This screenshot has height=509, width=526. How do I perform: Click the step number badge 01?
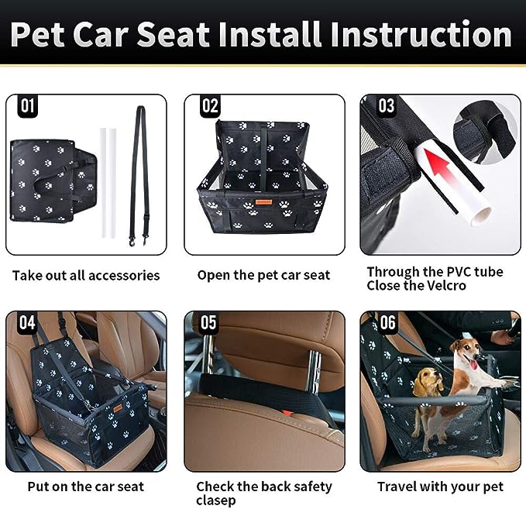[x=27, y=106]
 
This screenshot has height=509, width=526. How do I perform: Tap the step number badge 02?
[x=209, y=106]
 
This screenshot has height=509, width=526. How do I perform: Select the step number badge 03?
[x=385, y=106]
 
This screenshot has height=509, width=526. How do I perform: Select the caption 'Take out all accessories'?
[x=86, y=276]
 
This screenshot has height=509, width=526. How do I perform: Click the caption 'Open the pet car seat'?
[x=263, y=276]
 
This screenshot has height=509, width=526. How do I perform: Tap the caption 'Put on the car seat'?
[x=85, y=487]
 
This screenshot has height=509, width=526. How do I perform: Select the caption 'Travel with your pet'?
[x=440, y=487]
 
